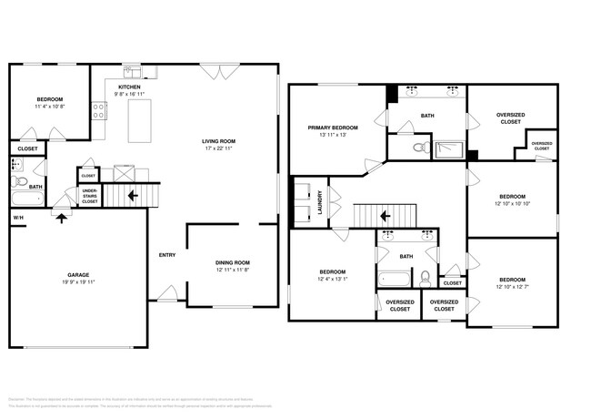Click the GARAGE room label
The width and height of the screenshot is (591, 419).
pos(77,274)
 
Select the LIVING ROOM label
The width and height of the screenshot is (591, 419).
pos(218,141)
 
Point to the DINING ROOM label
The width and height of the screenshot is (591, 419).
pos(233,262)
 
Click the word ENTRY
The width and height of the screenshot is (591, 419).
pos(167,254)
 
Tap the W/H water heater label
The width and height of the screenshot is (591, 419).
pos(17,218)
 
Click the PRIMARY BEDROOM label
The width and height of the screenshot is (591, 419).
pos(332,128)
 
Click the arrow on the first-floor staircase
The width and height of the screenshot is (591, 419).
pos(133,194)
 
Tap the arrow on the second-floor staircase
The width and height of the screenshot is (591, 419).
pos(386,217)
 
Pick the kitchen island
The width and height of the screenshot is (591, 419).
pos(139,121)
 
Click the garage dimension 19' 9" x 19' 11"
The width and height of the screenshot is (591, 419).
pos(77,282)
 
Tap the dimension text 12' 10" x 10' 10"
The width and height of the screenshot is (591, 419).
pos(512,203)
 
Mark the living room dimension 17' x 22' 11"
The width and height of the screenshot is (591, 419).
pos(218,149)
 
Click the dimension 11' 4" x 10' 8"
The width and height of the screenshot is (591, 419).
pos(49,107)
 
